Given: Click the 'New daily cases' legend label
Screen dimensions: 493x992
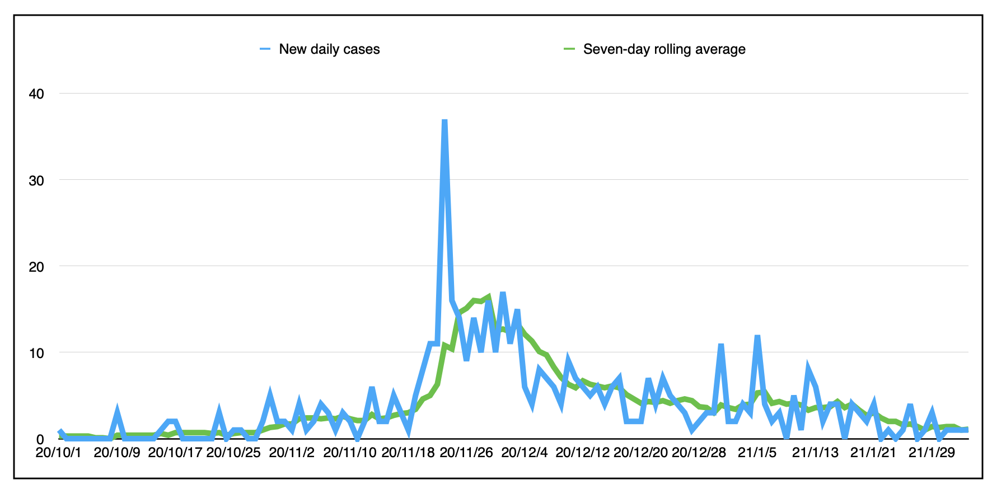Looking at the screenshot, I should tap(329, 49).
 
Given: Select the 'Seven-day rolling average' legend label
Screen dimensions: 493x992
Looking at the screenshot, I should tap(664, 49).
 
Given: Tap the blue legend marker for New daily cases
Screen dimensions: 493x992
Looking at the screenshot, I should tap(265, 49).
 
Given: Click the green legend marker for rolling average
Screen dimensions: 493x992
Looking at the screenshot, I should tap(569, 49).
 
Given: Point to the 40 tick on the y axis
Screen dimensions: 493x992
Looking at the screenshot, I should tap(36, 94).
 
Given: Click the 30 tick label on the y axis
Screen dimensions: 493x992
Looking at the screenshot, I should tap(36, 180).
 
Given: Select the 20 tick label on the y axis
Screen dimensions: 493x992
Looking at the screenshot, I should tap(36, 267).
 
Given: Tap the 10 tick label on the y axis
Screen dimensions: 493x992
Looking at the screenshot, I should tap(36, 353).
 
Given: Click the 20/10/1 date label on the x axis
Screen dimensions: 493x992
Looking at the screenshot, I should tap(59, 453).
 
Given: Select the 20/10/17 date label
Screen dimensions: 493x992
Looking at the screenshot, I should tap(175, 453).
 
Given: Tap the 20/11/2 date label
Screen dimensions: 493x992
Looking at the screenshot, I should tap(292, 453).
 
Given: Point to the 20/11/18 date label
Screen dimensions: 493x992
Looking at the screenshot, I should tap(408, 453).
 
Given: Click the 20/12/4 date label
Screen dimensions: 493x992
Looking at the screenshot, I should tap(525, 453).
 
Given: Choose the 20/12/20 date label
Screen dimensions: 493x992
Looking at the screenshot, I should tap(641, 453).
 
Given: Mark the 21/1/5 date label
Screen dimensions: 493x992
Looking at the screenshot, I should tap(757, 453).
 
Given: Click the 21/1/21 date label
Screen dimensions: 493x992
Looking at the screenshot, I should tap(873, 453).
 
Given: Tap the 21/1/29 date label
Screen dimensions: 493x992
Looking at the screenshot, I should tap(932, 453).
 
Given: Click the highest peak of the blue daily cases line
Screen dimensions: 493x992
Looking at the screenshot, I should tap(444, 120).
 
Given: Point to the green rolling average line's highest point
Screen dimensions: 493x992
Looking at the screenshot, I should tap(488, 296).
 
